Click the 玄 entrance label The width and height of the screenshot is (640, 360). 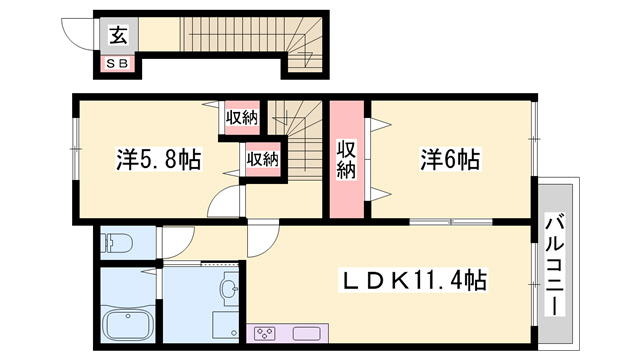click(118, 35)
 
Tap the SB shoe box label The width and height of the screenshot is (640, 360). click(118, 63)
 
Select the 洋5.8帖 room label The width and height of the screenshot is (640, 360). click(159, 160)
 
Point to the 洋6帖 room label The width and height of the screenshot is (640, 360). click(451, 159)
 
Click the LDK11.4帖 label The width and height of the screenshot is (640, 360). click(413, 280)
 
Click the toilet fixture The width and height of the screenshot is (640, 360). click(117, 244)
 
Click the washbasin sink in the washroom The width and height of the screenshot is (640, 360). click(229, 287)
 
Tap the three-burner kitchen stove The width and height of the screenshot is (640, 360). click(264, 333)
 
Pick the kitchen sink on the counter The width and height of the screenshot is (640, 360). click(306, 333)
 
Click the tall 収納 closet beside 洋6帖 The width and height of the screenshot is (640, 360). click(347, 159)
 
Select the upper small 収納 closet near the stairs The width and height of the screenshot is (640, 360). click(242, 118)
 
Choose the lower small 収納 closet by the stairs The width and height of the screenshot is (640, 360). click(263, 160)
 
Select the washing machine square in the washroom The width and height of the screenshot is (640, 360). click(225, 325)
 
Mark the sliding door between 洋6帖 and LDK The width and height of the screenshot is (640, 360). click(451, 222)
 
